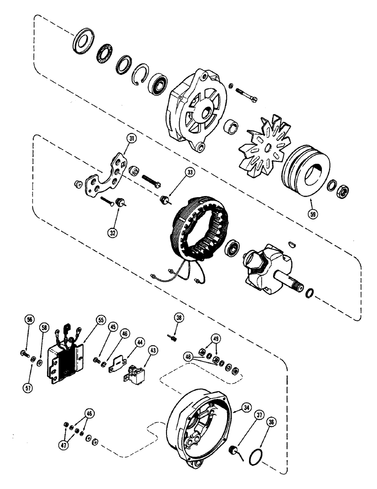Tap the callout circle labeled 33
pos(190,172)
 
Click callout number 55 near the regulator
pos(101,320)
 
